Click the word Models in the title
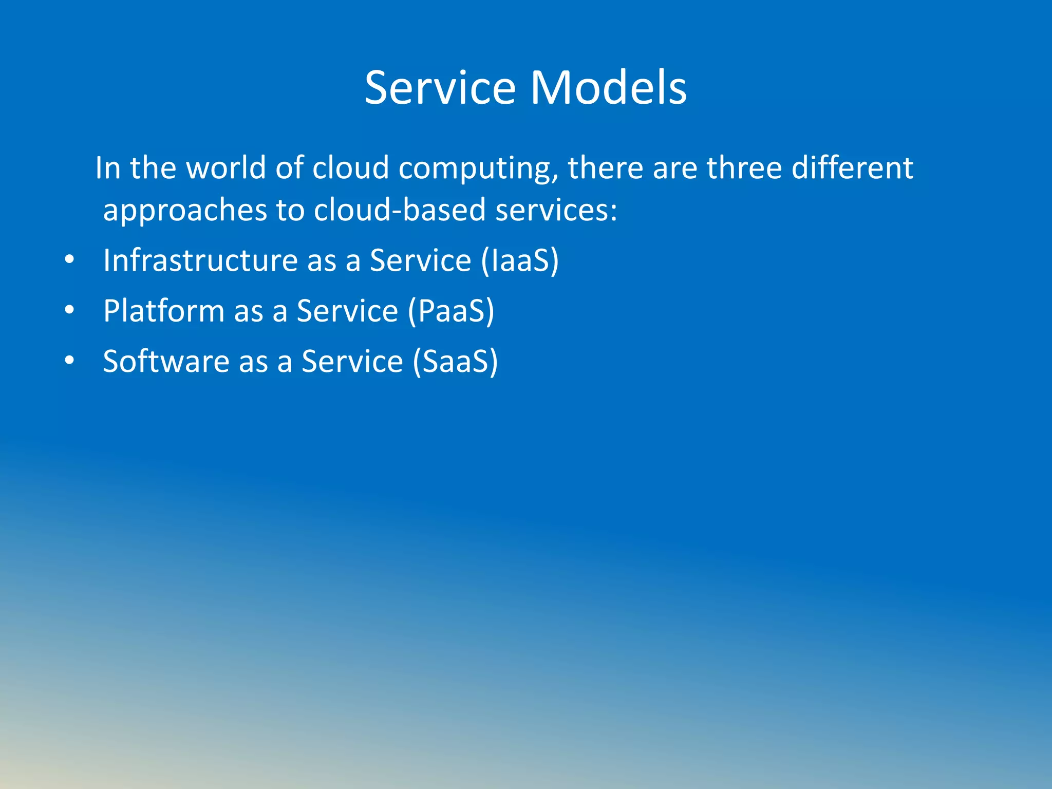(x=608, y=88)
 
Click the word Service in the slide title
(x=440, y=88)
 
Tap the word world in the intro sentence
(x=226, y=168)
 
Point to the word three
(x=744, y=168)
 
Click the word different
(x=852, y=168)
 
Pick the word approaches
(x=185, y=211)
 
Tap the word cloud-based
(x=400, y=210)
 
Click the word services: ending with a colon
(x=556, y=210)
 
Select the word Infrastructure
(x=200, y=260)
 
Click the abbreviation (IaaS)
(x=520, y=260)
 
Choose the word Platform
(x=164, y=311)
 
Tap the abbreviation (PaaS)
(x=451, y=311)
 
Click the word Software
(x=166, y=361)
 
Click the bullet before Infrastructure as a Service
(x=69, y=260)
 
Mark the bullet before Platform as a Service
(x=69, y=310)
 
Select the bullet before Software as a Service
(x=69, y=361)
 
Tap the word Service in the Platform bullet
(x=347, y=311)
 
